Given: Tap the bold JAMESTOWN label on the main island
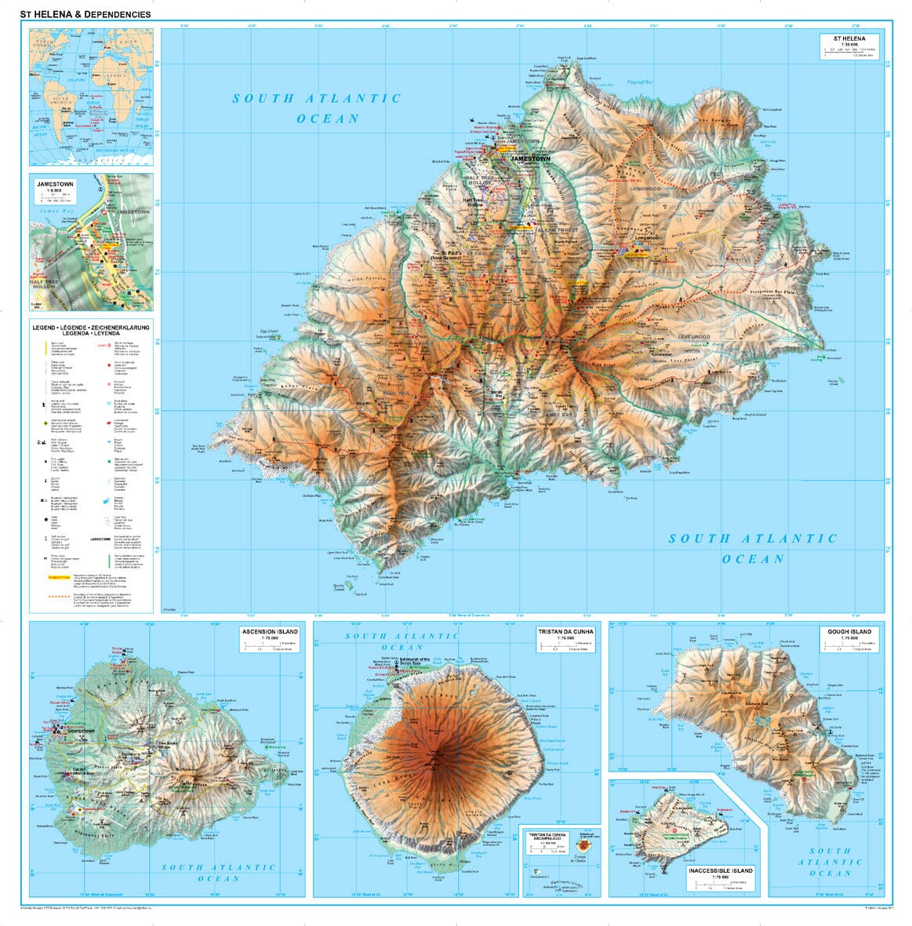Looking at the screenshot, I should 530,158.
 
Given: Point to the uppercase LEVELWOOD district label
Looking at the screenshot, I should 693,337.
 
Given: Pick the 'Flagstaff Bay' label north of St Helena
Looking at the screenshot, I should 641,82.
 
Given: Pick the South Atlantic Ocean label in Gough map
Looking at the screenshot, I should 830,862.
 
